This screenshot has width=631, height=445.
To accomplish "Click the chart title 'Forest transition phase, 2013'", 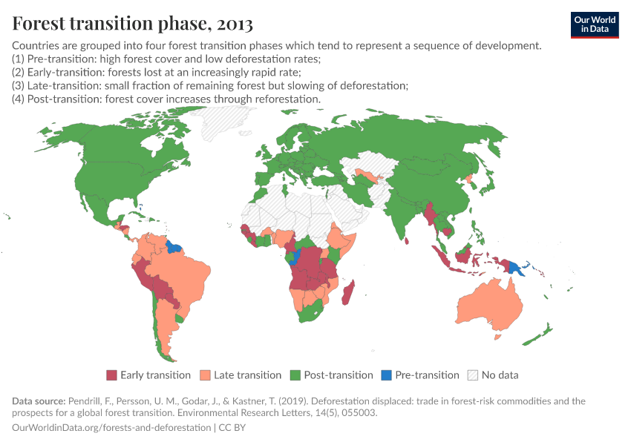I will tap(133, 24).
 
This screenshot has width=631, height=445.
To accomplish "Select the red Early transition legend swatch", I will tap(112, 375).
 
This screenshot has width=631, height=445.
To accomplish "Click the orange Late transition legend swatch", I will tap(206, 375).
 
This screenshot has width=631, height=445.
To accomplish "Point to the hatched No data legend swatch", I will tap(473, 375).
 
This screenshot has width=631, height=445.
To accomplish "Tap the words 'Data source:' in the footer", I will tap(39, 401).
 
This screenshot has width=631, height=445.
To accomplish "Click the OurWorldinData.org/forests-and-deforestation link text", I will tap(111, 428).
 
